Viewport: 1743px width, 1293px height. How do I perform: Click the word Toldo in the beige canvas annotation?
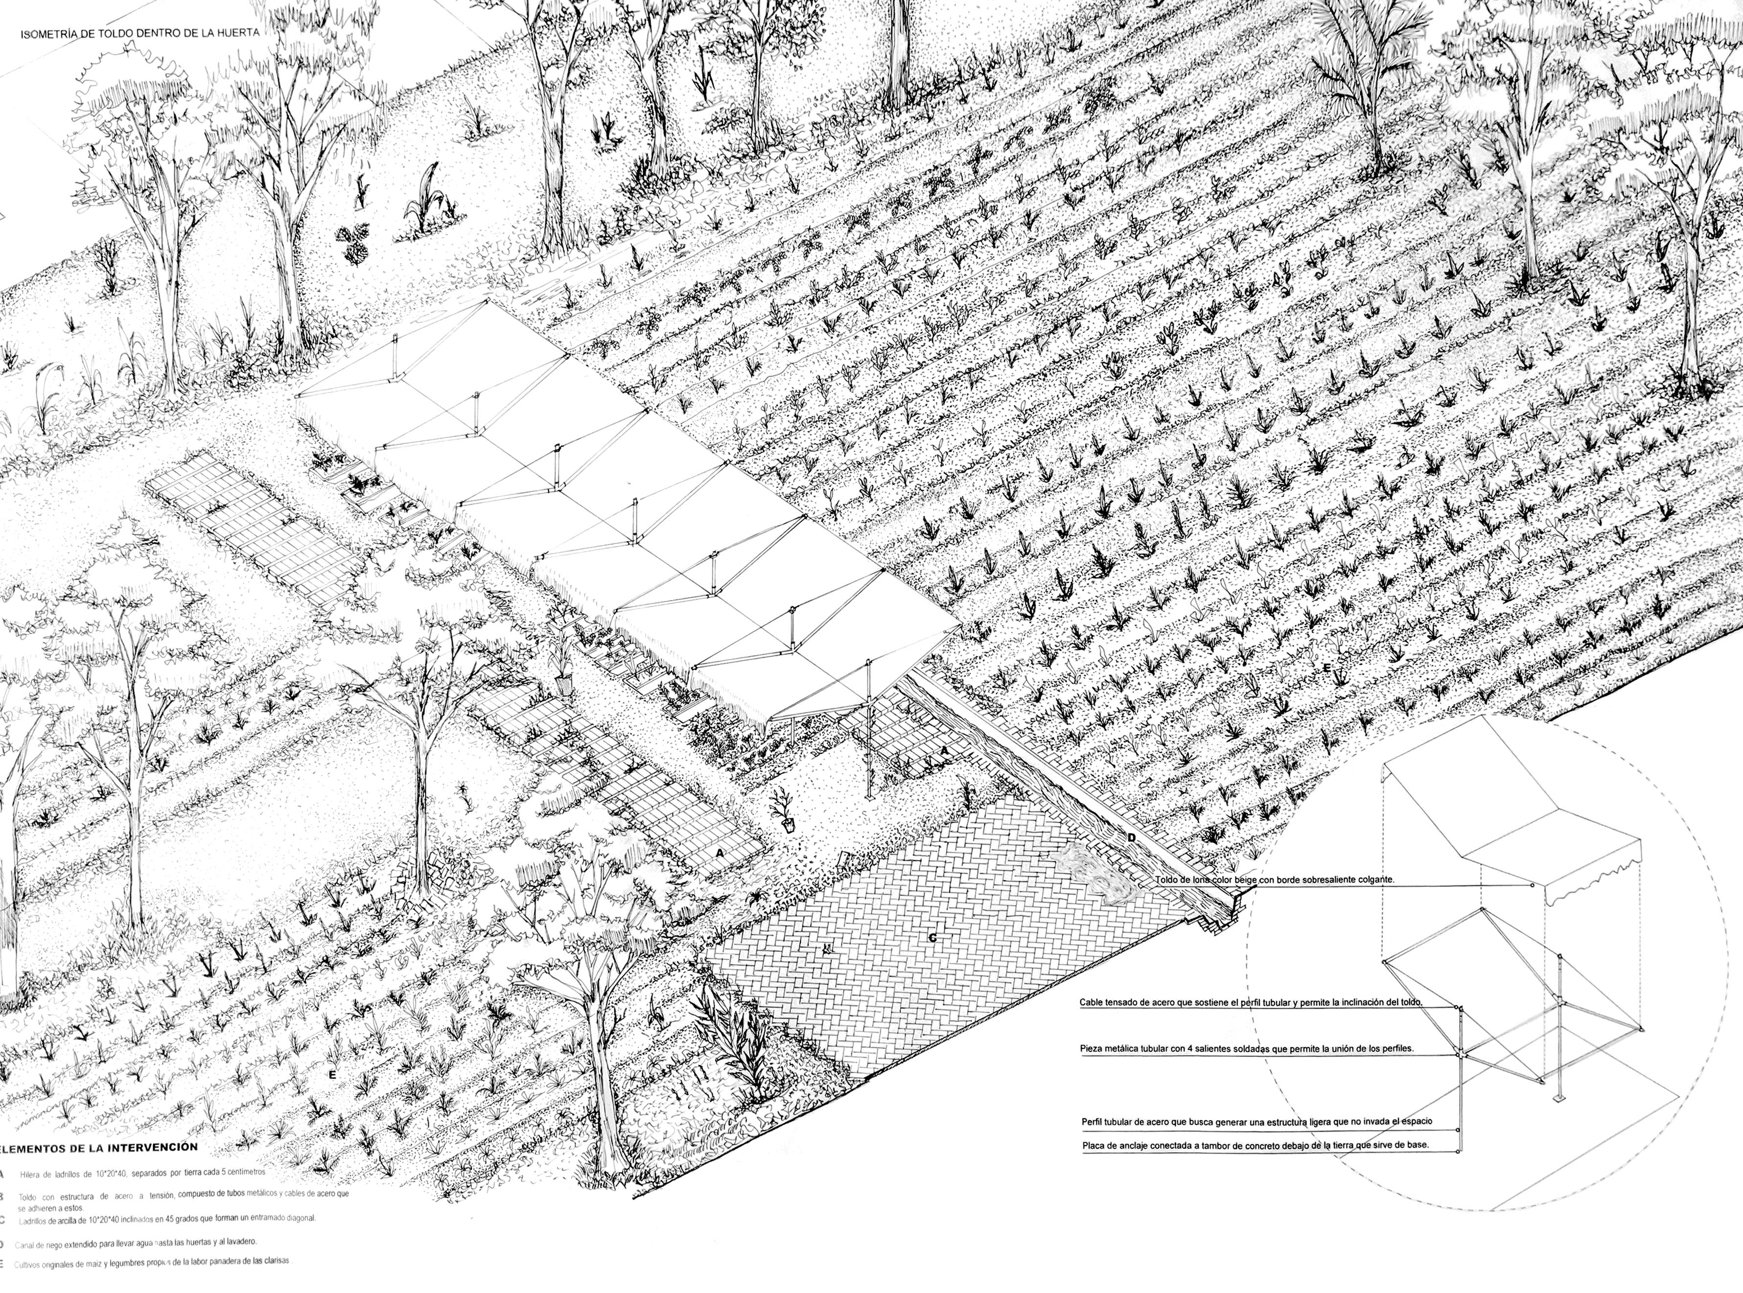coord(1168,880)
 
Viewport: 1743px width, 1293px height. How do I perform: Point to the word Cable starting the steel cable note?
coord(1092,1002)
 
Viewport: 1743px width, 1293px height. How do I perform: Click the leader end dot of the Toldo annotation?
coord(1532,885)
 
